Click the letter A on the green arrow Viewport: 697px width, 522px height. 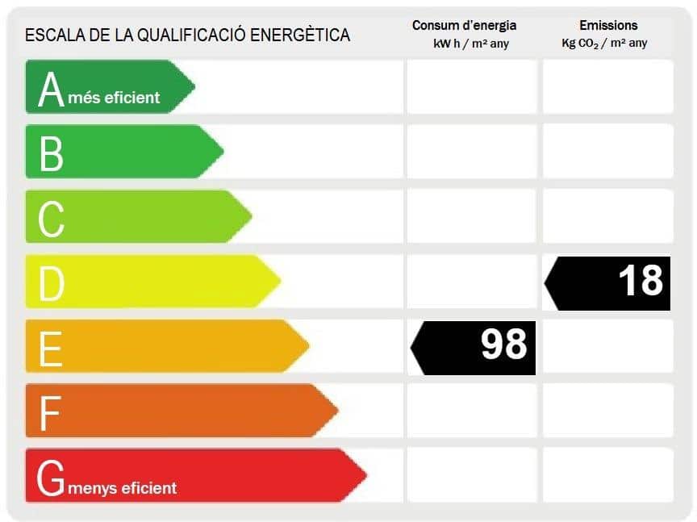51,89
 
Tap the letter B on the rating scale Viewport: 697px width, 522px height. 51,153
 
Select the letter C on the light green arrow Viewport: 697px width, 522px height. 51,218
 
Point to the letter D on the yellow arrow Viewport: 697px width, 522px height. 52,283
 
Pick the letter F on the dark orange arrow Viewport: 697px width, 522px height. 50,413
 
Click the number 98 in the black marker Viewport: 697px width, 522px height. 503,345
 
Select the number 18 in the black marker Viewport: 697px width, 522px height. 641,280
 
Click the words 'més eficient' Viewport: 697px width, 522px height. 114,98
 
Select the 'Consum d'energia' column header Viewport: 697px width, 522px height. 464,26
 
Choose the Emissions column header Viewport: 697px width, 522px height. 608,26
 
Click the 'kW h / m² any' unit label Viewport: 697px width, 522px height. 471,44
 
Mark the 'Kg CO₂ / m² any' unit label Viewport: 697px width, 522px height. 604,44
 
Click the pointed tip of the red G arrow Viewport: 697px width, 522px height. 365,475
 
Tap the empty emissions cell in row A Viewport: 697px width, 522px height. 607,86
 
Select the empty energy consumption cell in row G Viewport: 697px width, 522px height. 471,475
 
